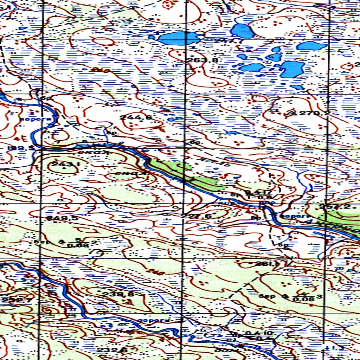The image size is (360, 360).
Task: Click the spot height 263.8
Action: [x=202, y=60]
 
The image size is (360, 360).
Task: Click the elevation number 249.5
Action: [x=62, y=218]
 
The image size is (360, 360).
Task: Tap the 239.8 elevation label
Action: [x=118, y=294]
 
